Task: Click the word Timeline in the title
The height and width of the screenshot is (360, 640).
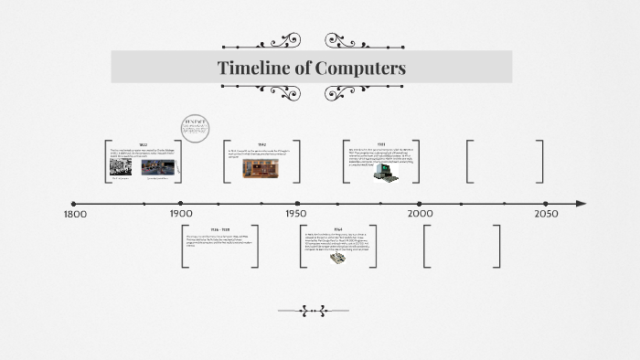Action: coord(252,68)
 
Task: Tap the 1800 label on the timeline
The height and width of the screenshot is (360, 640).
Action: coord(75,214)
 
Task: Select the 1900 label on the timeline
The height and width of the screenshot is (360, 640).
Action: coord(181,214)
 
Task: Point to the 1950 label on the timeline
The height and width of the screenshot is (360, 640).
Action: coord(294,214)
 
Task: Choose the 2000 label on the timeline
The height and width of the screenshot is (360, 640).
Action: coord(420,214)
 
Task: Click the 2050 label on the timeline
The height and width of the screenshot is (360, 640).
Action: coord(546,214)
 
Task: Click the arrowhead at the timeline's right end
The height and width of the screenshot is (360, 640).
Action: coord(581,203)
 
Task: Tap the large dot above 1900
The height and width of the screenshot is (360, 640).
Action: coord(181,203)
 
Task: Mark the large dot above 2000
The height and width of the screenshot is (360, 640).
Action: coord(420,203)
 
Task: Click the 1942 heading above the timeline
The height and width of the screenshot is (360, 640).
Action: coord(261,145)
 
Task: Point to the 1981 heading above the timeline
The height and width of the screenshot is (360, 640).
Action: coord(379,144)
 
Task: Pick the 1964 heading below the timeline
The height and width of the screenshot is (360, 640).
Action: coord(337,229)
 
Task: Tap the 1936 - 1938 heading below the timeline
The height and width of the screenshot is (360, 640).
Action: coord(219,229)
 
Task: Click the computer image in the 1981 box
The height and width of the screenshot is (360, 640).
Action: coord(383,171)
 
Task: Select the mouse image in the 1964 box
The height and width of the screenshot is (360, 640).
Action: coord(336,258)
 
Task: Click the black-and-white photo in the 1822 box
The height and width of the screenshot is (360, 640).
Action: coord(121,168)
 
